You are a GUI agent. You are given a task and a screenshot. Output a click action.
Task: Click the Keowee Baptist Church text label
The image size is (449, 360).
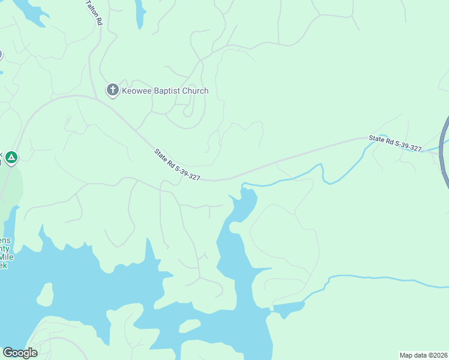[165, 91]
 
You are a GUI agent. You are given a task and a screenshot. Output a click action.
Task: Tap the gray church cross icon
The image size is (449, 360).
[112, 91]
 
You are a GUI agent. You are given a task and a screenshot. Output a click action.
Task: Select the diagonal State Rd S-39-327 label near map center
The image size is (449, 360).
[176, 165]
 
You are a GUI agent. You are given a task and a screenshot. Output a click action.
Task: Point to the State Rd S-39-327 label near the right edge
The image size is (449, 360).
[395, 143]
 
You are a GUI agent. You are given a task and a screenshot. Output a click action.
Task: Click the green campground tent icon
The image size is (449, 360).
[11, 158]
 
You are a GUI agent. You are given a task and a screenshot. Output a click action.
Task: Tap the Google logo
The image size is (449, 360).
[19, 353]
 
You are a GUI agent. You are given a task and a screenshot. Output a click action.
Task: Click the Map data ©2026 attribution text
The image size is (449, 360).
[423, 355]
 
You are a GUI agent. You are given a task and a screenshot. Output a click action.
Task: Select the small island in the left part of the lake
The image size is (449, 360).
[45, 294]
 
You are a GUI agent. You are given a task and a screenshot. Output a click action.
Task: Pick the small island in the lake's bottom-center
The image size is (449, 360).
[189, 326]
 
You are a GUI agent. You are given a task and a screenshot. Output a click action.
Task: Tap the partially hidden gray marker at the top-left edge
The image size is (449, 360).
[1, 55]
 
